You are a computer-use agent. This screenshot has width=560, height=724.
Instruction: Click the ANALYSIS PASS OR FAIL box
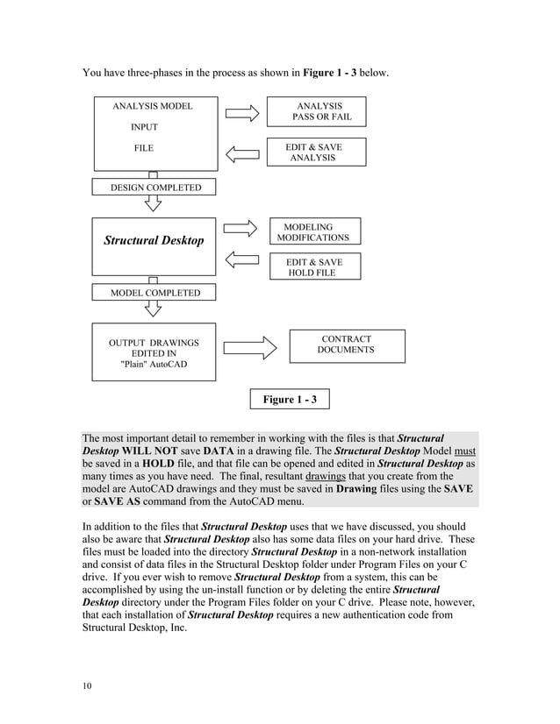pyautogui.click(x=316, y=111)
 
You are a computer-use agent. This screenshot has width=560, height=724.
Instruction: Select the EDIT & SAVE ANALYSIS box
pyautogui.click(x=316, y=153)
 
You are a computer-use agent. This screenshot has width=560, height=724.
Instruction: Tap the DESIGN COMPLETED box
pyautogui.click(x=154, y=188)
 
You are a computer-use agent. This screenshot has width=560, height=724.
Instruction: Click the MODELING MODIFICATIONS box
pyautogui.click(x=313, y=232)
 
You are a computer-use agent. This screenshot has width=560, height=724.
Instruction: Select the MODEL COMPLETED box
pyautogui.click(x=154, y=293)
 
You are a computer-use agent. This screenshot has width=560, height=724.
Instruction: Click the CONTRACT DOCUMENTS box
pyautogui.click(x=347, y=344)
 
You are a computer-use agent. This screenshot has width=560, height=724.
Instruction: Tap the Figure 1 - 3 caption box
pyautogui.click(x=290, y=400)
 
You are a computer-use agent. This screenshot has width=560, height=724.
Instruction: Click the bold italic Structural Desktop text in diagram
pyautogui.click(x=154, y=240)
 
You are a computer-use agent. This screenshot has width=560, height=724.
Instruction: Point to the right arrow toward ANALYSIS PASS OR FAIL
pyautogui.click(x=242, y=113)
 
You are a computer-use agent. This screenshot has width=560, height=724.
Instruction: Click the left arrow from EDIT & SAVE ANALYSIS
pyautogui.click(x=242, y=155)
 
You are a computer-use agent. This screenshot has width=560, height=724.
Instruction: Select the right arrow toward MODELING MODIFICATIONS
pyautogui.click(x=241, y=228)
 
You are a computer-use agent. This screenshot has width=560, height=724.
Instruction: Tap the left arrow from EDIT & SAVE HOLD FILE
pyautogui.click(x=241, y=259)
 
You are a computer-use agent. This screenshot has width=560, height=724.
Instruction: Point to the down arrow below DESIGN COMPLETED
pyautogui.click(x=153, y=203)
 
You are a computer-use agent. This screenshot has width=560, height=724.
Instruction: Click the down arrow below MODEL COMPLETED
pyautogui.click(x=153, y=309)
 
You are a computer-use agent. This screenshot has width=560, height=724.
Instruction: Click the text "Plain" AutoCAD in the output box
pyautogui.click(x=154, y=365)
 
